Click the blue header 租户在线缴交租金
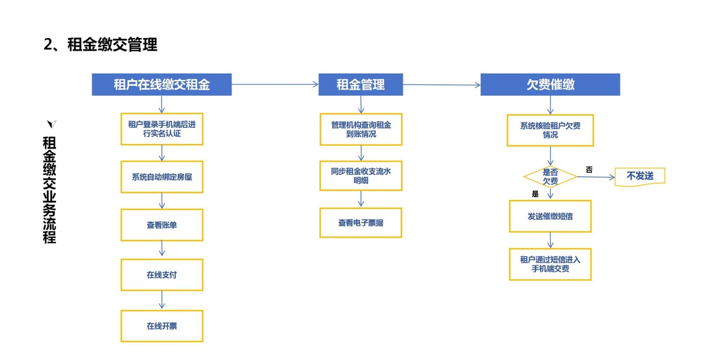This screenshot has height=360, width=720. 161,85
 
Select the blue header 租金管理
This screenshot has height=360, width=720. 360,85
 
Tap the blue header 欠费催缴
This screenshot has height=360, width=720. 550,85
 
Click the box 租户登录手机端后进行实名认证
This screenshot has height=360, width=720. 161,129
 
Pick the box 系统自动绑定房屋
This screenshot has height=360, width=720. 161,177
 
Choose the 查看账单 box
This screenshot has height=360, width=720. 161,225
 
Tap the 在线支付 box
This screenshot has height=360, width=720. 161,275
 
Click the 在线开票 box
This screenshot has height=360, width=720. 161,326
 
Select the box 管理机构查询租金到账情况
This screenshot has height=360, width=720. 361,129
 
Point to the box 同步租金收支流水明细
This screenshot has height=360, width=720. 361,176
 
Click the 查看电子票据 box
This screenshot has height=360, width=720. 361,223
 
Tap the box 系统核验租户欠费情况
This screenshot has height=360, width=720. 550,130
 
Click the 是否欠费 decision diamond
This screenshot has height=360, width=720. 550,177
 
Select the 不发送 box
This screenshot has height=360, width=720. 640,176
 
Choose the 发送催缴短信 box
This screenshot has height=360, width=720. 550,216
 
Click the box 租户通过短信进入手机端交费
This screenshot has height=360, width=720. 550,264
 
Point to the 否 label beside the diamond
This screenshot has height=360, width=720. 589,169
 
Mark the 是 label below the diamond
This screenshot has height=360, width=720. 535,194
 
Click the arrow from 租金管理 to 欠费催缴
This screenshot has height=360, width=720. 441,85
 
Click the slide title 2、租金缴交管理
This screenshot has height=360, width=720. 100,45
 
